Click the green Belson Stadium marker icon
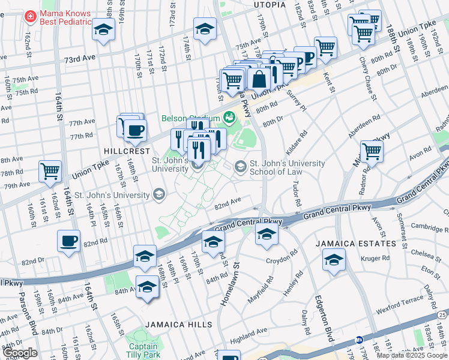pos(228,117)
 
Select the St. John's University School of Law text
pos(287,167)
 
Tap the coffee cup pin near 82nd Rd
pos(69,241)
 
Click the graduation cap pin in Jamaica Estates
pos(334,260)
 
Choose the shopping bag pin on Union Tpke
pos(259,78)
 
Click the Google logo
pos(20,353)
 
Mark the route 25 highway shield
pos(443,314)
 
